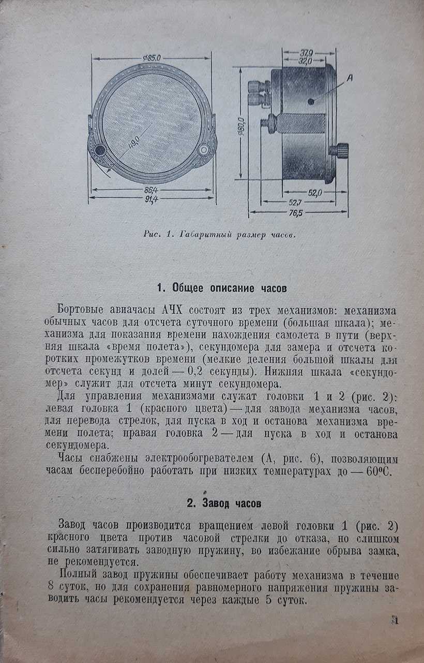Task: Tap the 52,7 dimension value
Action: tap(296, 203)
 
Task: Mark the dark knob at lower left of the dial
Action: tap(99, 150)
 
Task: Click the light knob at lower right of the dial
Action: tap(203, 150)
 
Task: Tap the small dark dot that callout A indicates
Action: tap(310, 99)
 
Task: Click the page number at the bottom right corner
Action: tap(395, 620)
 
